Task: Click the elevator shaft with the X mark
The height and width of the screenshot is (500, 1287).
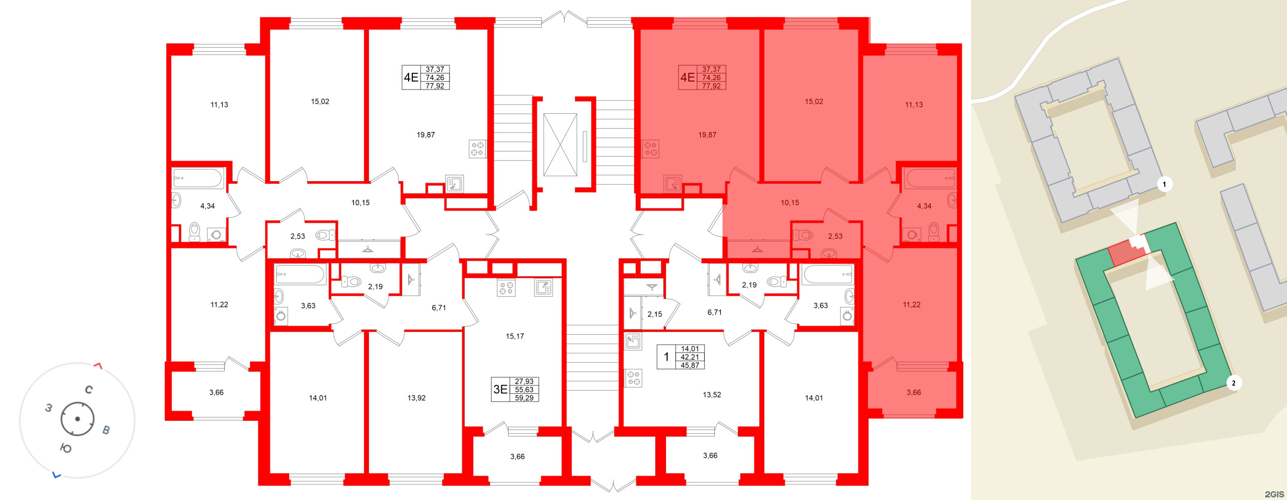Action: [560, 145]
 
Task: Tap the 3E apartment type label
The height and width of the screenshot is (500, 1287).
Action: [500, 389]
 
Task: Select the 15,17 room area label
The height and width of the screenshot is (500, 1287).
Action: [514, 336]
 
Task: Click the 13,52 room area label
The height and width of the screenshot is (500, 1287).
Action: [712, 395]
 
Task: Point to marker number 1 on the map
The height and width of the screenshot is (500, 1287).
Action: [1164, 184]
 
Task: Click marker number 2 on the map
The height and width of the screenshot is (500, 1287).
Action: [1233, 383]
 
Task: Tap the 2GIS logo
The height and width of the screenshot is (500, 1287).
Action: [1274, 494]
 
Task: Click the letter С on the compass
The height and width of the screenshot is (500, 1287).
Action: [89, 390]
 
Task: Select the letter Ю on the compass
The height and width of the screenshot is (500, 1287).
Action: [66, 448]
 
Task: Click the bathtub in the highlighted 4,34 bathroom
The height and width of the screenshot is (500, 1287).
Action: [930, 178]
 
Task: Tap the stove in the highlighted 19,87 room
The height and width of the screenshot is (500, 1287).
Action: [650, 149]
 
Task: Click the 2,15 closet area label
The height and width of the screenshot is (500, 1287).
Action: [654, 314]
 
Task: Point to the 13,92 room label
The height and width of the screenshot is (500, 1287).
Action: [416, 398]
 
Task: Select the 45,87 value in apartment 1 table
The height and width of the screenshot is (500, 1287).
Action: [690, 365]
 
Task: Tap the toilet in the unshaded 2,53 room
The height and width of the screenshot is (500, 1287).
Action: [324, 236]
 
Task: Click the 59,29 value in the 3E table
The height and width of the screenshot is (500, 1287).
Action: [524, 398]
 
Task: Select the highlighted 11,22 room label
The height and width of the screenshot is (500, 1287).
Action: [911, 305]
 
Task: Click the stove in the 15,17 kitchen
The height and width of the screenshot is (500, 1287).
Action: [506, 288]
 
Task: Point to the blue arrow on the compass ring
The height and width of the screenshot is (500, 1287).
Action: [56, 475]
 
